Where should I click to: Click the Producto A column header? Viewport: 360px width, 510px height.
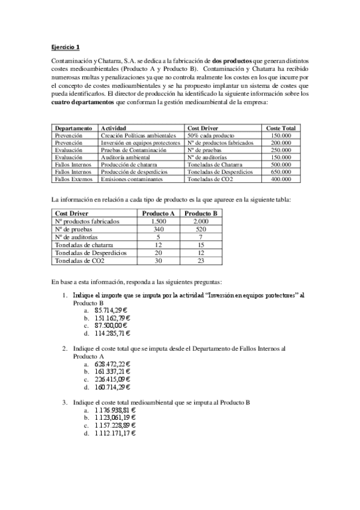pos(158,214)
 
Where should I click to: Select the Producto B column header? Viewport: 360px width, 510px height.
pos(201,214)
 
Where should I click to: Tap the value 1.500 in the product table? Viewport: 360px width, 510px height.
pos(158,221)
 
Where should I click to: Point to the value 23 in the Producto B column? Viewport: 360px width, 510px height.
pos(201,260)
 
